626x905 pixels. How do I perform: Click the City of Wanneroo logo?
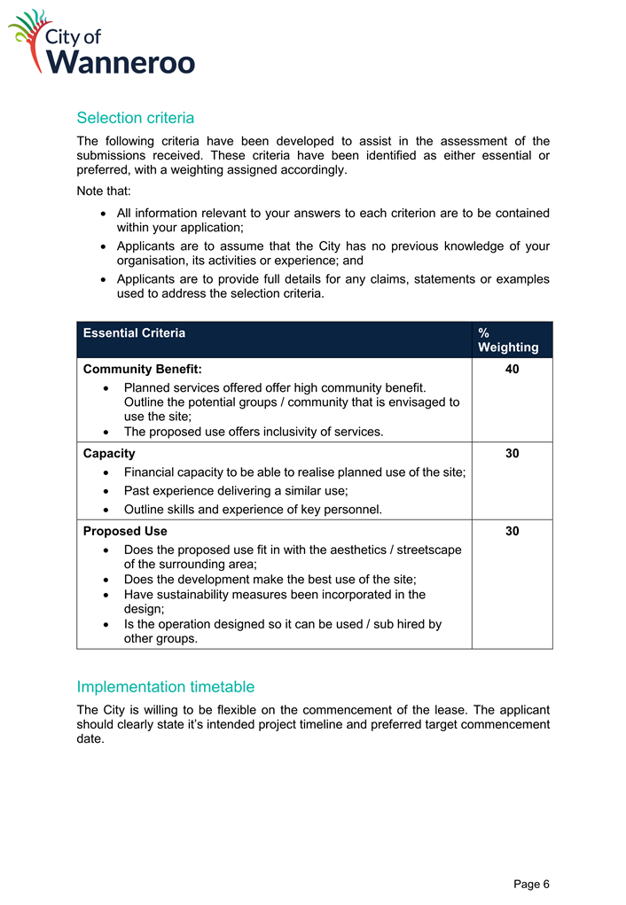click(x=101, y=42)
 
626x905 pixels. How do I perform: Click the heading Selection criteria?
click(x=135, y=118)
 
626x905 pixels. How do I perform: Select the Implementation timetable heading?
click(x=166, y=687)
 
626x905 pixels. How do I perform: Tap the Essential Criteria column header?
click(x=134, y=333)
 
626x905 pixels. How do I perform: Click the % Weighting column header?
click(x=507, y=339)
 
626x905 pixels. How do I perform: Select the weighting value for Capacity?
click(x=512, y=453)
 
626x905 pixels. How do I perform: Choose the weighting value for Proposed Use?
click(x=512, y=531)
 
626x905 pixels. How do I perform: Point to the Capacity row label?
click(x=109, y=453)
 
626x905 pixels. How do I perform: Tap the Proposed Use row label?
click(x=125, y=531)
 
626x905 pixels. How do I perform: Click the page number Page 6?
click(x=532, y=884)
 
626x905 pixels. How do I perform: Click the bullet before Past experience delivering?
click(x=107, y=491)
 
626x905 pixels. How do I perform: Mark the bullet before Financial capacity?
click(x=107, y=472)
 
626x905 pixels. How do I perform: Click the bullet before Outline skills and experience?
click(x=107, y=510)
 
